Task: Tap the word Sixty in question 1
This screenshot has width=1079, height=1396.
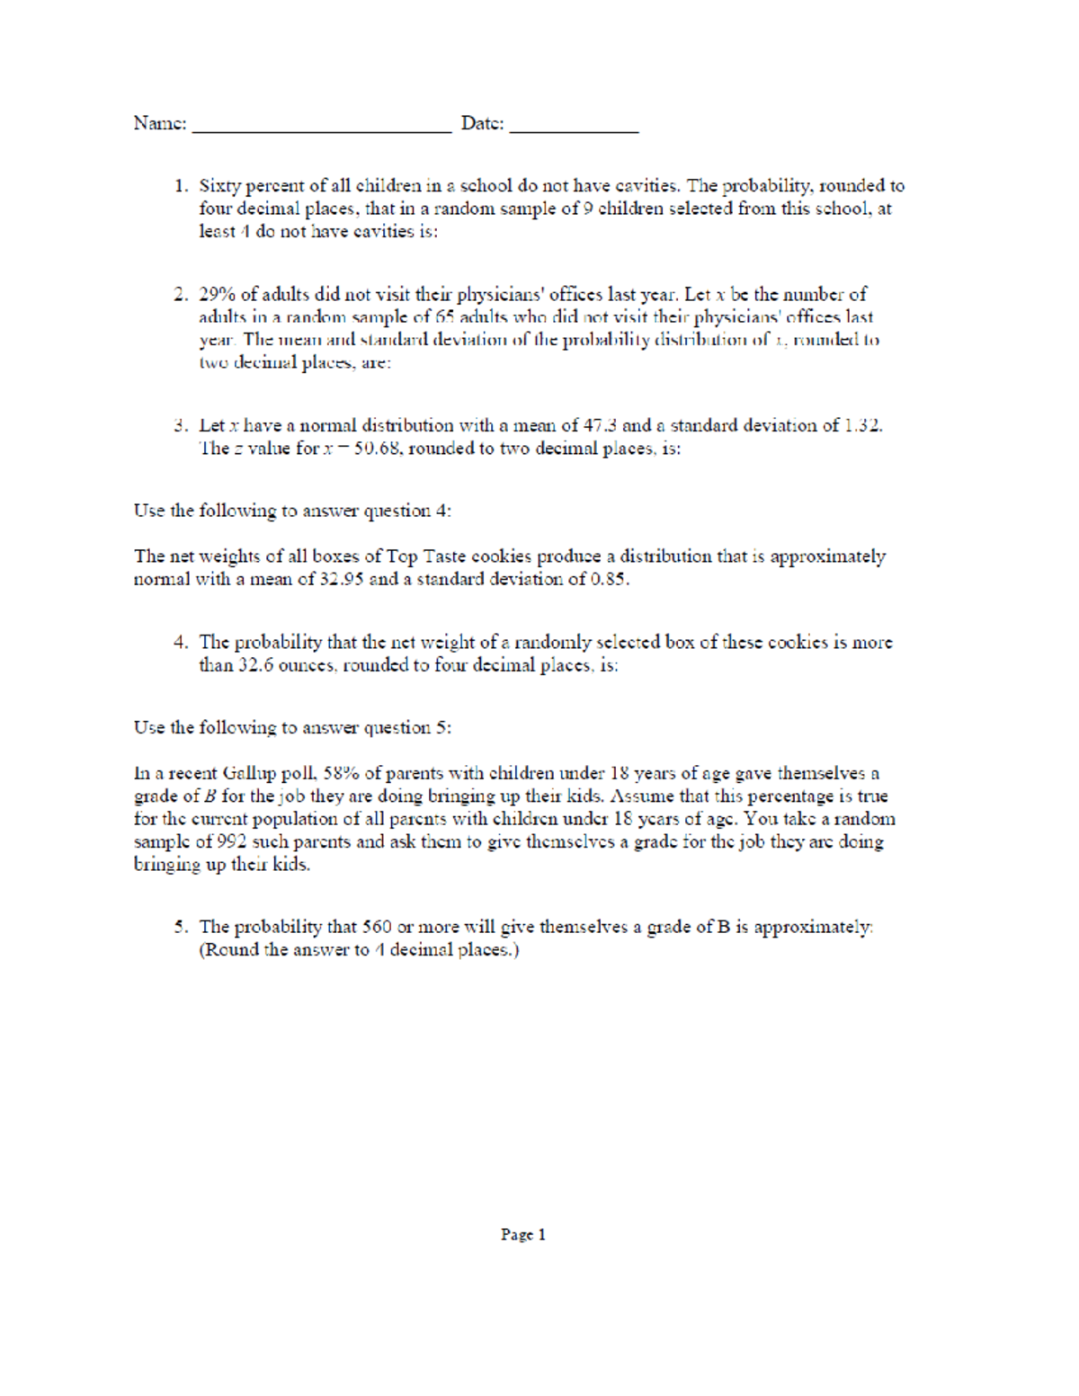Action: tap(220, 186)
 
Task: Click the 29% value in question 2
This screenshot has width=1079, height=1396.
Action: tap(217, 295)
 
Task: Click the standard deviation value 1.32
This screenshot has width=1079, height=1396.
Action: tap(862, 426)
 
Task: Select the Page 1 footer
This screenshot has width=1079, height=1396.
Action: tap(523, 1235)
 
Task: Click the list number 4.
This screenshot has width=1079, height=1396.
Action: tap(180, 643)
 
